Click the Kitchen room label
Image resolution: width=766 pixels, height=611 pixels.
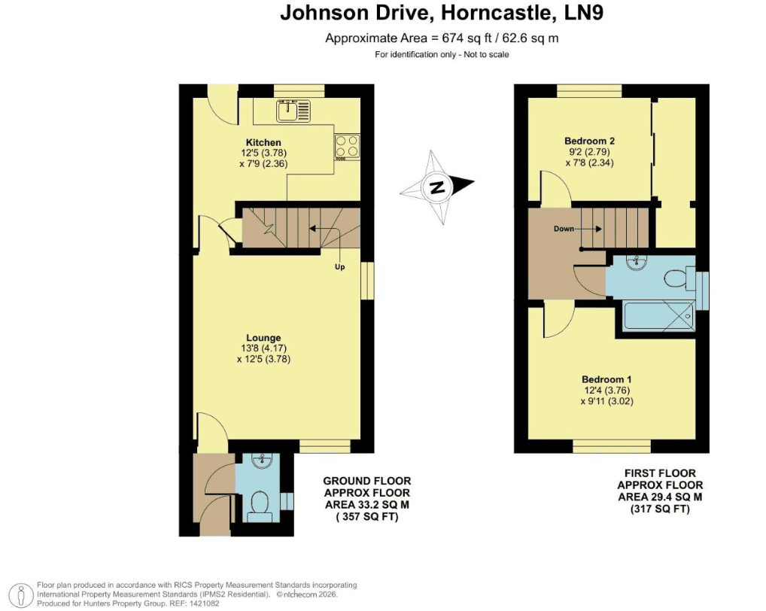[263, 143]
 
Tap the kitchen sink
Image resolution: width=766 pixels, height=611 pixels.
[293, 111]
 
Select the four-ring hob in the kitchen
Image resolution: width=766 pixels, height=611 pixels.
[348, 147]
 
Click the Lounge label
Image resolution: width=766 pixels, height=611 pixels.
[263, 338]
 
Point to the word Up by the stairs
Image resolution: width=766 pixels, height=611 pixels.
[339, 266]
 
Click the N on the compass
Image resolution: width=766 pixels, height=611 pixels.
[436, 187]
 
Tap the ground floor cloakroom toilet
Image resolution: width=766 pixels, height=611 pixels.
[260, 506]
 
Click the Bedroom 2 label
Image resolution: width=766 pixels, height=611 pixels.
[589, 141]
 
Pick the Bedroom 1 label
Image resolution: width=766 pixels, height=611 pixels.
[606, 379]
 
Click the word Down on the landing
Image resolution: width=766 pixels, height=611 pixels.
[564, 229]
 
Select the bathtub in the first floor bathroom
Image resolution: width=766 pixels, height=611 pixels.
[659, 316]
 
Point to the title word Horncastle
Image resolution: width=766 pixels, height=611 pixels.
[498, 13]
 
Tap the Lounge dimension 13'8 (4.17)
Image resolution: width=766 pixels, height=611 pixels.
[263, 348]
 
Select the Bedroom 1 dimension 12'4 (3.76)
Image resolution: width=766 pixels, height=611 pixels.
[606, 391]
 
